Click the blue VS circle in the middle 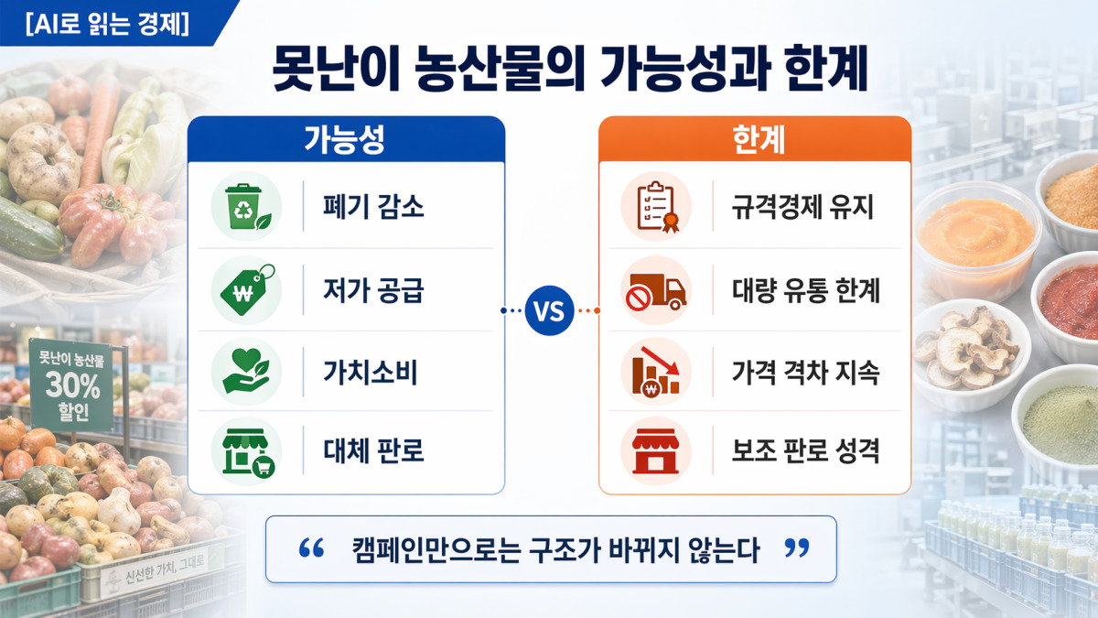549,310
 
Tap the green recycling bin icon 246,207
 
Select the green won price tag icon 246,290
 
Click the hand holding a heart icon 246,371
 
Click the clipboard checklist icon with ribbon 657,207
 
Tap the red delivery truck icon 656,291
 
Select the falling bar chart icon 656,372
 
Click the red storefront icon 656,451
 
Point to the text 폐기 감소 373,207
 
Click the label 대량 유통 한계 806,290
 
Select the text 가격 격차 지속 805,372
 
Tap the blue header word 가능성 344,139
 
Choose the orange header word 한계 759,139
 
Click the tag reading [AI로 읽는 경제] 107,24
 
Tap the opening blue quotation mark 311,548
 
